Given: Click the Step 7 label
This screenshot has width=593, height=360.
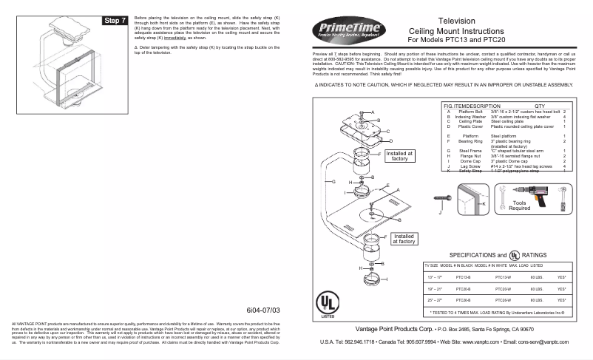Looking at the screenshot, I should point(115,20).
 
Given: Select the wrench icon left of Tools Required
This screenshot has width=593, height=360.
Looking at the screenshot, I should point(510,194).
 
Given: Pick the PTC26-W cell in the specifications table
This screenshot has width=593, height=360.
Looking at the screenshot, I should point(503,300).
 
